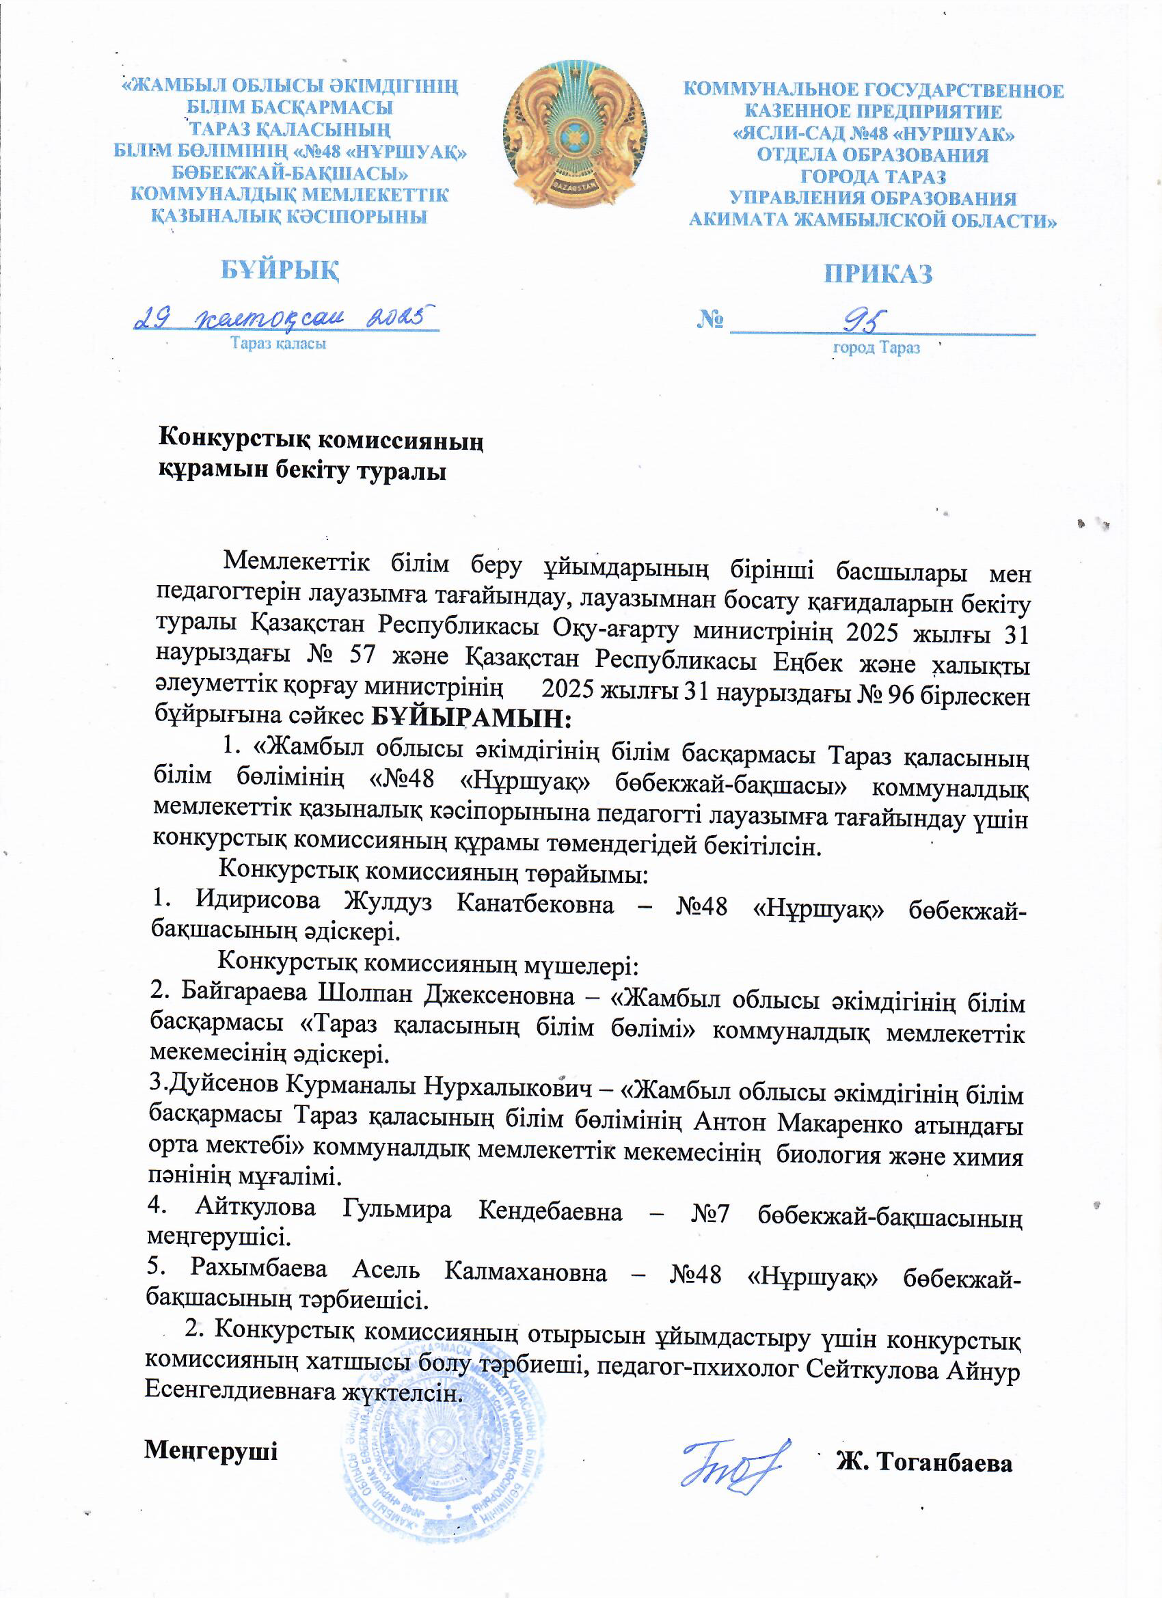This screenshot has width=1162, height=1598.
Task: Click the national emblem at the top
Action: [x=574, y=134]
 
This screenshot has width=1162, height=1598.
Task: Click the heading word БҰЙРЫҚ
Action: [x=280, y=269]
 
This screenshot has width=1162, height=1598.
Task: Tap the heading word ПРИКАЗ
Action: [x=878, y=274]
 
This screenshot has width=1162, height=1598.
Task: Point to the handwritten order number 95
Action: [x=863, y=322]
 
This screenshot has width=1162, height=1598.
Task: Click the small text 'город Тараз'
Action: [x=876, y=348]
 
